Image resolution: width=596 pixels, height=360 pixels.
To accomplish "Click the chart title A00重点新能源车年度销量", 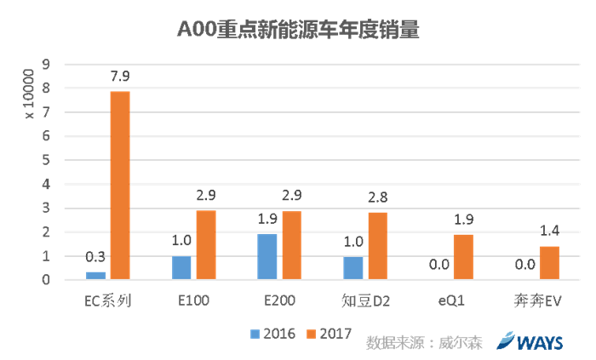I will coord(299,31).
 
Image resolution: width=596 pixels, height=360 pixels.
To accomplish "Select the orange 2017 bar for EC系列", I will coord(120,185).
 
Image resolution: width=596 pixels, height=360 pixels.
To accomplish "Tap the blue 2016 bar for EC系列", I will coord(95,275).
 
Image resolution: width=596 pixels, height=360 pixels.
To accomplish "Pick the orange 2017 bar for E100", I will coord(206,244).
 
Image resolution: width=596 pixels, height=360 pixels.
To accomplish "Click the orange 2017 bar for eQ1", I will coord(463,256).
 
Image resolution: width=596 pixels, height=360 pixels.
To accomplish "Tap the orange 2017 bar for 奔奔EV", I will coord(549,262).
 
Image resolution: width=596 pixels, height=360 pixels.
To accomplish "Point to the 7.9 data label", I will coord(120,77).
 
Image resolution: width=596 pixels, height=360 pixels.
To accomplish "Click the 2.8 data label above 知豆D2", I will coord(378,197).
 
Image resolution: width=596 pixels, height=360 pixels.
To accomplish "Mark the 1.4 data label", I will coord(549,231).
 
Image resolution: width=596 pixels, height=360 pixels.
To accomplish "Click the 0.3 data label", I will coord(95,257).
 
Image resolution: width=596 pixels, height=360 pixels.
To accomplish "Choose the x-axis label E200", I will coord(279,300).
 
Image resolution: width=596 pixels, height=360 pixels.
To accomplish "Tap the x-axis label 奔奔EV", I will coord(536,300).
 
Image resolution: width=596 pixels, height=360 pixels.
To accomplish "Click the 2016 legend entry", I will coord(272,333).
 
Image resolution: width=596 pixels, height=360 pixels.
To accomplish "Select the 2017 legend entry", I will coord(332,333).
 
